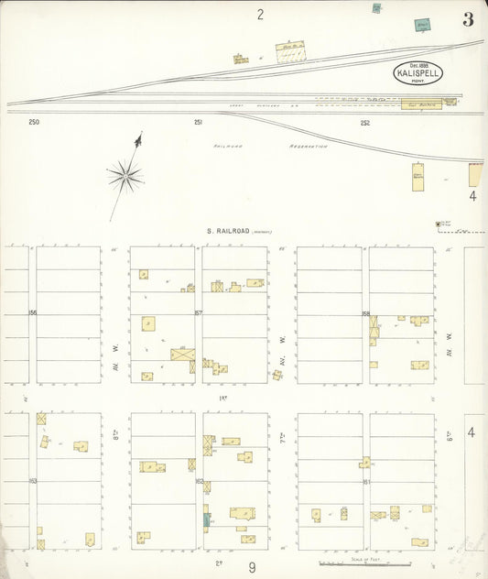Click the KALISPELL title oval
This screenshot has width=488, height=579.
pos(418,71)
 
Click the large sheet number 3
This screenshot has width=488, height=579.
pos(468,20)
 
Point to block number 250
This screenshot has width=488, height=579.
pos(34,122)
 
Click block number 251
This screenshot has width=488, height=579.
pos(198,122)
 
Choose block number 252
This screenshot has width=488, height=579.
pos(365,122)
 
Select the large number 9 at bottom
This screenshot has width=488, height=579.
pos(252,567)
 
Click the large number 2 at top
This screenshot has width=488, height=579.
pos(260,14)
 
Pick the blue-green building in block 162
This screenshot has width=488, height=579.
pos(207,520)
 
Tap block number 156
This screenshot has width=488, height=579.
pos(32,314)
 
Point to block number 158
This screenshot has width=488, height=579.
pos(365,314)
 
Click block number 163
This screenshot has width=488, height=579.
pos(32,480)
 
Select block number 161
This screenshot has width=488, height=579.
pos(365,480)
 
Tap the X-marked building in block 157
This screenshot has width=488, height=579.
pos(182,354)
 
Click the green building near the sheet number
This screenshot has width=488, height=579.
pos(422,26)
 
